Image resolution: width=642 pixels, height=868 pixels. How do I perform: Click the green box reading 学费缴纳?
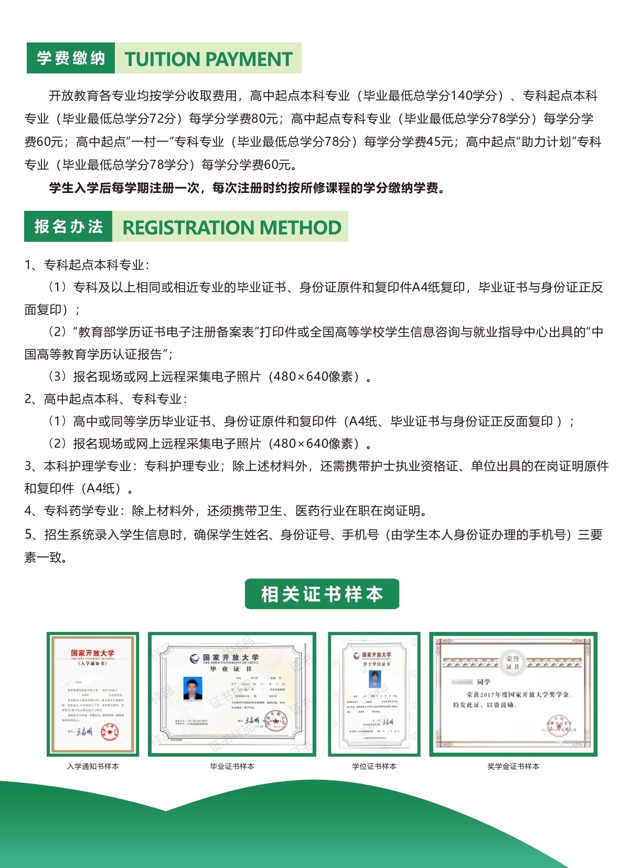[71, 58]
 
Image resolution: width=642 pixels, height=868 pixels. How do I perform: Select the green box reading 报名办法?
[68, 227]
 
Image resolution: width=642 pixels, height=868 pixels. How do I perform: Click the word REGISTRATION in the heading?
[188, 228]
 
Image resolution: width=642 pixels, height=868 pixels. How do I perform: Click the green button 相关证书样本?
[322, 594]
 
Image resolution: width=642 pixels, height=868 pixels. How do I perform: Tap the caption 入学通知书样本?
[93, 766]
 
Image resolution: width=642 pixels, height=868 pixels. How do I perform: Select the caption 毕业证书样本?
[232, 766]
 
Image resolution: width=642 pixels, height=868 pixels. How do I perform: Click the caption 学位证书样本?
[374, 766]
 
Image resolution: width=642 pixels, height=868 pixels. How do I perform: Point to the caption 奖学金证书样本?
[513, 766]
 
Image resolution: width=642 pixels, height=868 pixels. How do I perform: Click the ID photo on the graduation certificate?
[192, 688]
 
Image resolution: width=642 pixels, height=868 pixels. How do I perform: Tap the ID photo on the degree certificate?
[375, 679]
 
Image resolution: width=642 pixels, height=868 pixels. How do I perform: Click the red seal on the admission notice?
[110, 732]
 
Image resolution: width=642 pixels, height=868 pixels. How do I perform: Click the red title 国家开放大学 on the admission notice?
[93, 653]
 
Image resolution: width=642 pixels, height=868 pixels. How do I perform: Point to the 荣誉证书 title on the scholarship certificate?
[512, 662]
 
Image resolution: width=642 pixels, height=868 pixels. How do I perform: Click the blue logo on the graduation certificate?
[195, 658]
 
